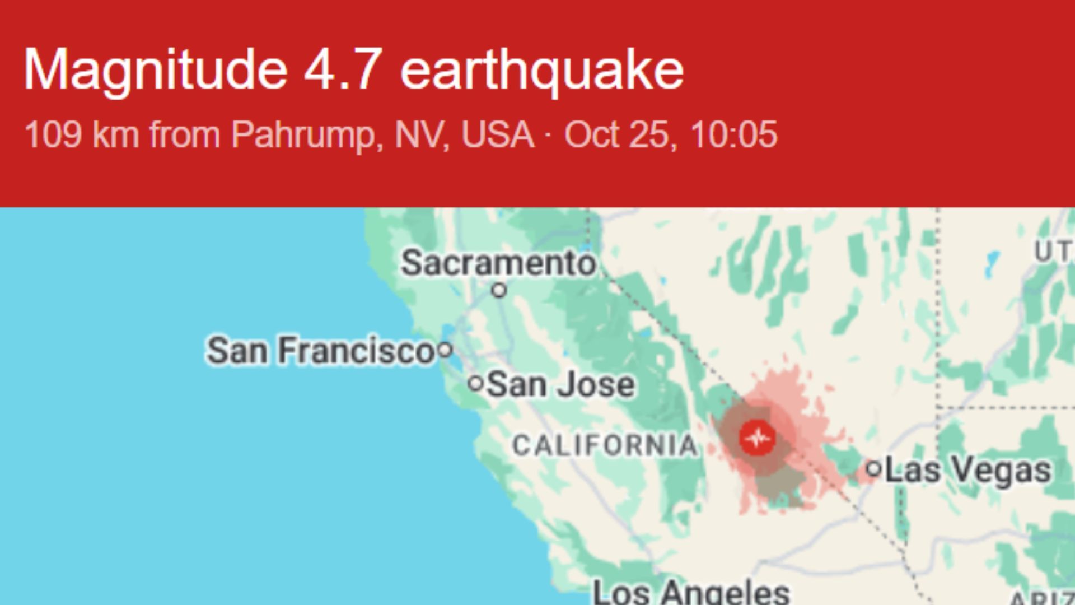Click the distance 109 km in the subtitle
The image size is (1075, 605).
[x=82, y=135]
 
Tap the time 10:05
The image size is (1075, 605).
[x=733, y=135]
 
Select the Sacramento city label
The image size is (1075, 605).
[x=498, y=263]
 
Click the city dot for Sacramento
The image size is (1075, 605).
[x=499, y=290]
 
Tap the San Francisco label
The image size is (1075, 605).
[x=320, y=351]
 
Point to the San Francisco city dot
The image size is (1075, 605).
[x=445, y=351]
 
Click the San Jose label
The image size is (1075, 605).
[x=560, y=385]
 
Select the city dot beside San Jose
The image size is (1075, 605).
[x=475, y=384]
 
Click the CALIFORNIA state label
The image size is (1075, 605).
[x=605, y=446]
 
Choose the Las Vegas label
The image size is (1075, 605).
[x=968, y=470]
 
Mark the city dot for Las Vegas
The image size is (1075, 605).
[x=873, y=468]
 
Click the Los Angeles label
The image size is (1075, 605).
[x=691, y=592]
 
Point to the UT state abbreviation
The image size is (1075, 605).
[x=1053, y=252]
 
